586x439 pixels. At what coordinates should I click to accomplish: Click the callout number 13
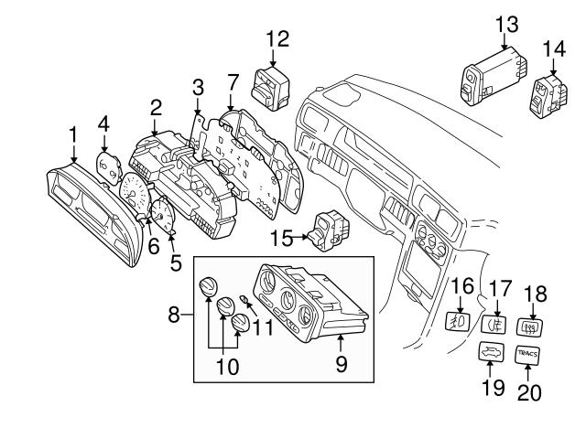[x=507, y=25]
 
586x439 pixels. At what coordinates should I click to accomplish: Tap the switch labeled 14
[x=549, y=97]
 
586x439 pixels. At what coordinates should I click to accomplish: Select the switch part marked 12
[x=271, y=89]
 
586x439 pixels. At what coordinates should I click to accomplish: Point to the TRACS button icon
[x=527, y=354]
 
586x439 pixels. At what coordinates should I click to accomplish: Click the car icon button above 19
[x=491, y=352]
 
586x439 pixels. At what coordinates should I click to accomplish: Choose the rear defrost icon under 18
[x=529, y=327]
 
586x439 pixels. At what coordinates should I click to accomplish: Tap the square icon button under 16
[x=459, y=321]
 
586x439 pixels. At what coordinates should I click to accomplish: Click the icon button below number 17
[x=494, y=324]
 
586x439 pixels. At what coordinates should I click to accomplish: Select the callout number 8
[x=174, y=315]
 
